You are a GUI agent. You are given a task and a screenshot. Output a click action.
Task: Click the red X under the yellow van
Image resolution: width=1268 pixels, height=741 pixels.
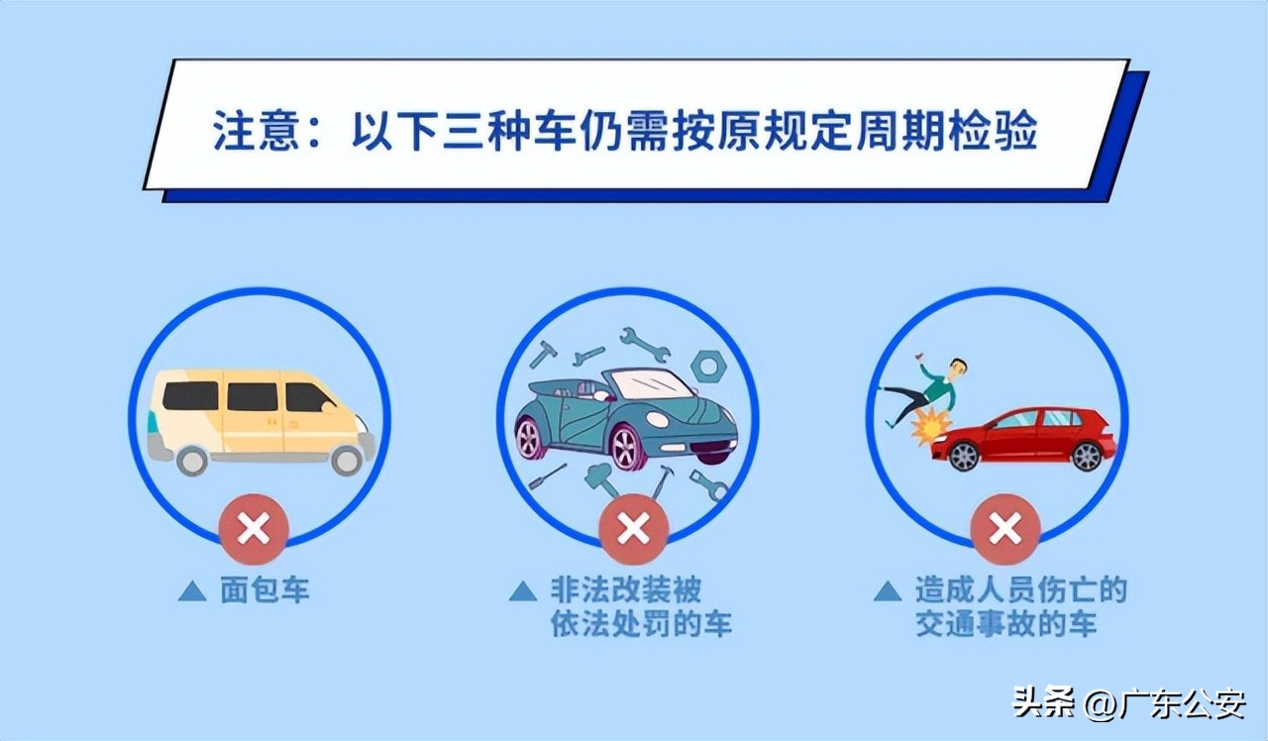coord(255,529)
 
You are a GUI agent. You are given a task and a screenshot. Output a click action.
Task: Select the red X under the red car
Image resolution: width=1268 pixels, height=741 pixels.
coord(1005,529)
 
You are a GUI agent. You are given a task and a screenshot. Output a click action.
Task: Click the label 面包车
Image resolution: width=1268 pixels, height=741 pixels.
coord(264,591)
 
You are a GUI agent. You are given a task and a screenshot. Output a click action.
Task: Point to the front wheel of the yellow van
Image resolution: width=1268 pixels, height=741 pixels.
coord(347,459)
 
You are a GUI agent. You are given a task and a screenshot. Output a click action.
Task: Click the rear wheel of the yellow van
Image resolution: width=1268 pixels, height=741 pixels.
coord(191,459)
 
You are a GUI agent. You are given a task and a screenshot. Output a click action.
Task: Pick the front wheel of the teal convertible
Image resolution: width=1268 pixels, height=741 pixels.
coord(627,447)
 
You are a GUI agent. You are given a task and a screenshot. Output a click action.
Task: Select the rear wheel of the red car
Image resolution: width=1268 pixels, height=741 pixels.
coord(1086,456)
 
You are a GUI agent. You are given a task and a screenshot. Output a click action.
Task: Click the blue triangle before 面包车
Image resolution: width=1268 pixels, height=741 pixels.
coord(191,591)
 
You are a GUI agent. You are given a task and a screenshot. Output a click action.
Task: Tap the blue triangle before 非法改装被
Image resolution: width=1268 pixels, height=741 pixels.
coord(522,591)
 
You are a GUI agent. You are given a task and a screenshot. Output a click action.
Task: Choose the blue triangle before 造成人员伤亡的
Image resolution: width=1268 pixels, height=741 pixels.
coord(887,591)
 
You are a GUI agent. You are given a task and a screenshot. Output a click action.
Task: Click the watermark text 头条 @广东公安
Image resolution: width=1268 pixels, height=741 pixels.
coord(1128,704)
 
